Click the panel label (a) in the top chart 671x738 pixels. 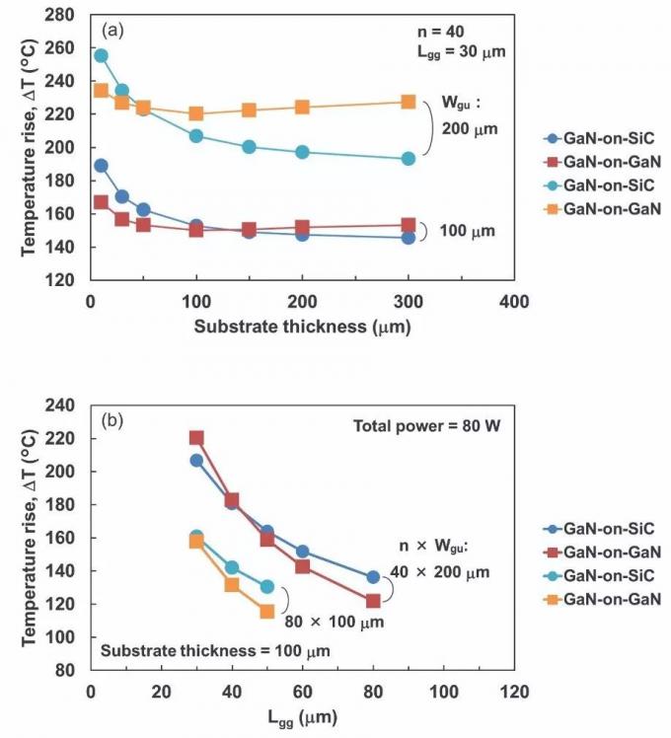click(111, 30)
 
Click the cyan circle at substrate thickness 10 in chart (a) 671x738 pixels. click(101, 55)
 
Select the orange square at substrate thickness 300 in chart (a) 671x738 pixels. click(409, 102)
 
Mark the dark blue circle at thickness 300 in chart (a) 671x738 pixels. click(409, 238)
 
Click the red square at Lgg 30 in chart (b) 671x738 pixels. click(196, 437)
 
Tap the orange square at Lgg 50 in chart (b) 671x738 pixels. click(267, 612)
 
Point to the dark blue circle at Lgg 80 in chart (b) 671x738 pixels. click(373, 576)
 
